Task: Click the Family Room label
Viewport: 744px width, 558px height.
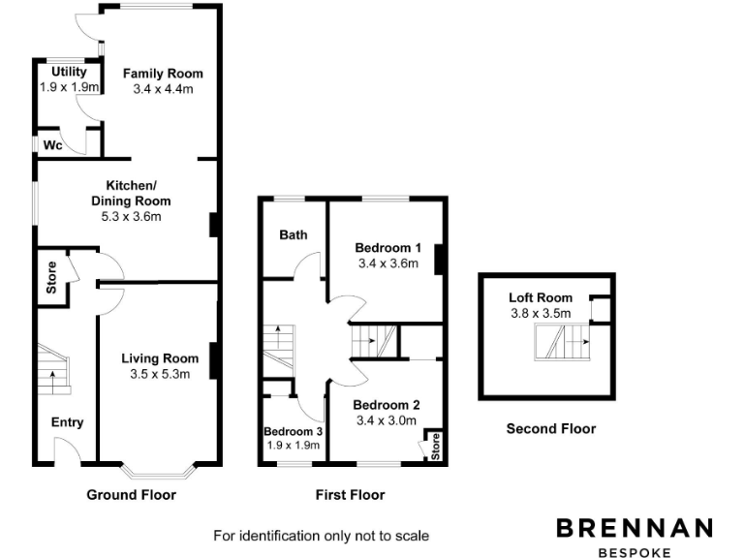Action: pyautogui.click(x=163, y=74)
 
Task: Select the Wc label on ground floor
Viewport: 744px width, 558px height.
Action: pyautogui.click(x=53, y=145)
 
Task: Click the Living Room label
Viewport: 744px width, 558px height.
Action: pyautogui.click(x=160, y=358)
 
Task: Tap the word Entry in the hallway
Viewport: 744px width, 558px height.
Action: pyautogui.click(x=68, y=422)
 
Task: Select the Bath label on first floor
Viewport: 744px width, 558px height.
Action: pyautogui.click(x=294, y=234)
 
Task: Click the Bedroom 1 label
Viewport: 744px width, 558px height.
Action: pyautogui.click(x=387, y=247)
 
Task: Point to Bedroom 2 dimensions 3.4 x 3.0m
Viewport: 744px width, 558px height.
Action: pyautogui.click(x=387, y=420)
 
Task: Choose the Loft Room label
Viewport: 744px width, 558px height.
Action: pyautogui.click(x=541, y=297)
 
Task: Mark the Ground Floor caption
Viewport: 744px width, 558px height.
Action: pyautogui.click(x=132, y=495)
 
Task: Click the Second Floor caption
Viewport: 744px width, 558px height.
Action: pyautogui.click(x=551, y=428)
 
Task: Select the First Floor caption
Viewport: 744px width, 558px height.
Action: pyautogui.click(x=351, y=495)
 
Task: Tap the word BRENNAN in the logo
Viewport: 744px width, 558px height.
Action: pyautogui.click(x=635, y=528)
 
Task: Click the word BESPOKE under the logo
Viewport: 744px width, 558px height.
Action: pyautogui.click(x=635, y=553)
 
